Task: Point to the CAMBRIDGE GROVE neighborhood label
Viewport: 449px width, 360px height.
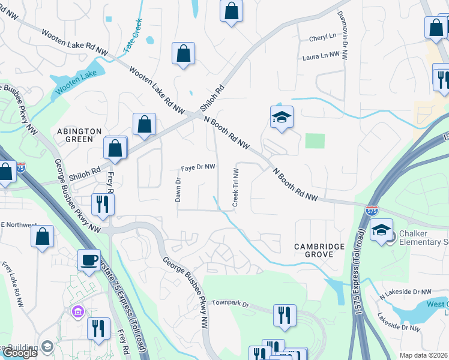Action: point(319,250)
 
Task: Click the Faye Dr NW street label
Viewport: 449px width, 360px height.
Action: point(198,168)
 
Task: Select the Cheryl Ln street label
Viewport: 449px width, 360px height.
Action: point(323,37)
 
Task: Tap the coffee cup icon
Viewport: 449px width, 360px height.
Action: point(89,260)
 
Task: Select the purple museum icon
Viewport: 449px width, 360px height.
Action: point(77,311)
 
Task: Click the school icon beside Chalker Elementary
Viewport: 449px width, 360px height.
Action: point(381,229)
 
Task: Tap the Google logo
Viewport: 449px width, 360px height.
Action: point(19,353)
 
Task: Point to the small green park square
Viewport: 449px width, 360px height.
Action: point(315,141)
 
